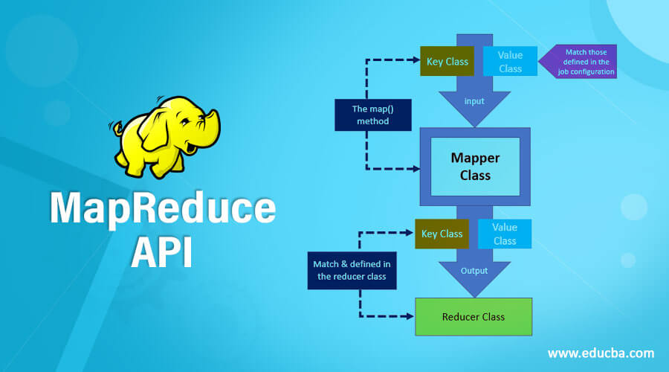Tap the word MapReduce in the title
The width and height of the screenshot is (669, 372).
click(x=162, y=208)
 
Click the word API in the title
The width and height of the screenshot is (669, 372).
click(x=161, y=251)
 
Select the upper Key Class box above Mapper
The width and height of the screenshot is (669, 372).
click(x=447, y=62)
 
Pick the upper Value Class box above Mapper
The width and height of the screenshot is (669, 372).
click(x=510, y=62)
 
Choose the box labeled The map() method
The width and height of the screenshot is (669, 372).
click(x=373, y=115)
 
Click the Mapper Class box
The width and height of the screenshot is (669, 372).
click(x=475, y=167)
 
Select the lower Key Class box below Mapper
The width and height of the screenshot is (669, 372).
click(x=442, y=234)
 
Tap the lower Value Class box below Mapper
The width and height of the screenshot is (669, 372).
click(x=504, y=234)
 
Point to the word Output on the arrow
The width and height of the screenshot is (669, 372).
click(x=474, y=271)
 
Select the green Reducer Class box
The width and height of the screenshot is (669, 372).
click(x=473, y=317)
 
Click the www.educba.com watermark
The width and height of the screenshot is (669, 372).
click(x=601, y=353)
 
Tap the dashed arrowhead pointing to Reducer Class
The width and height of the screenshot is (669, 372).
click(x=410, y=316)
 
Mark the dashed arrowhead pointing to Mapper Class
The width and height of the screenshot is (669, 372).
click(x=416, y=168)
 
